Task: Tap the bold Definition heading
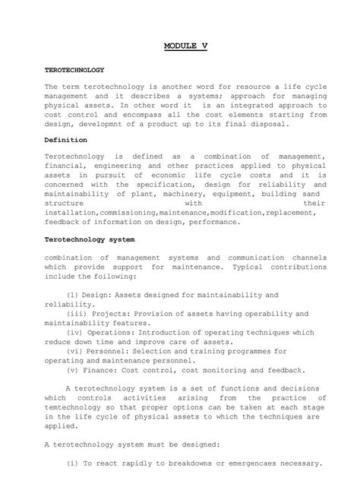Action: click(x=66, y=141)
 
